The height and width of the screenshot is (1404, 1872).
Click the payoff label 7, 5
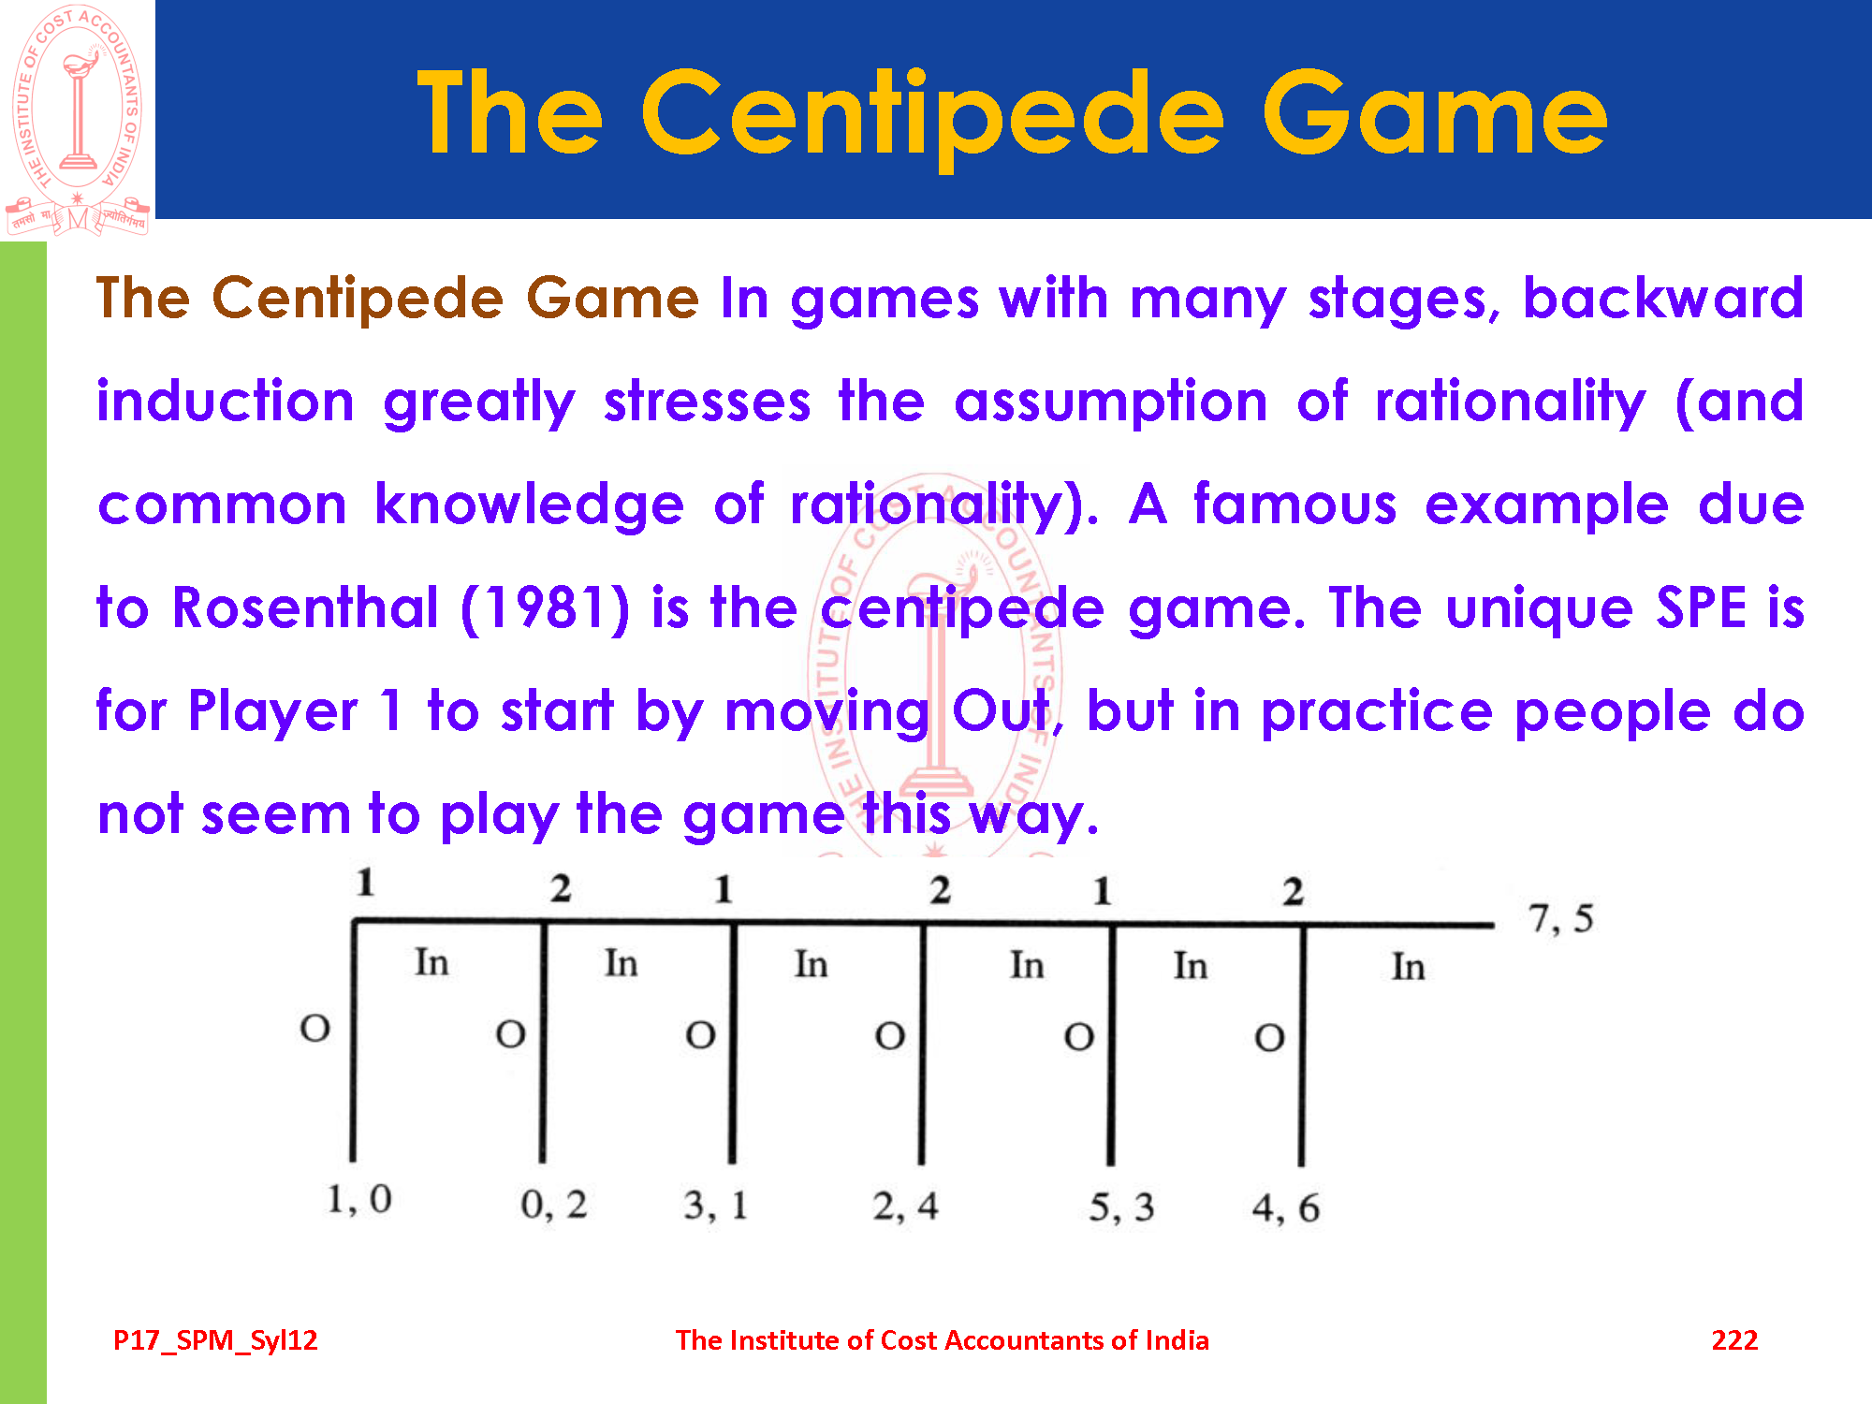pyautogui.click(x=1560, y=919)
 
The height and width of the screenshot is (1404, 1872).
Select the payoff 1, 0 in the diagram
pyautogui.click(x=358, y=1199)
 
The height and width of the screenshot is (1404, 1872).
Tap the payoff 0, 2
pyautogui.click(x=554, y=1204)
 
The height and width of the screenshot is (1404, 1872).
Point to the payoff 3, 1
pyautogui.click(x=715, y=1205)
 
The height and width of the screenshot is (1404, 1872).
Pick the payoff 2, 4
pyautogui.click(x=905, y=1206)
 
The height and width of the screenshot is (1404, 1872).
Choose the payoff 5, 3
pyautogui.click(x=1121, y=1207)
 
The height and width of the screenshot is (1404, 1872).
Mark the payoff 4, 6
pyautogui.click(x=1286, y=1207)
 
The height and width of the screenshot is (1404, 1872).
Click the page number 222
pyautogui.click(x=1734, y=1339)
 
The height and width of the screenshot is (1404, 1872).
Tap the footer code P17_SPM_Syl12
pyautogui.click(x=215, y=1340)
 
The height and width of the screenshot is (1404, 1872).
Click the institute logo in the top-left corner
pyautogui.click(x=78, y=119)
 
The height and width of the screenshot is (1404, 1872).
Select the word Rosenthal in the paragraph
pyautogui.click(x=305, y=607)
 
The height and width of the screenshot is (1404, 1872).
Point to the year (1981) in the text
pyautogui.click(x=546, y=608)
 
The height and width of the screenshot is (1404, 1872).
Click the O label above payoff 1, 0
pyautogui.click(x=314, y=1029)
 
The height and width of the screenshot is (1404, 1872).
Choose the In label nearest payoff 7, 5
pyautogui.click(x=1408, y=967)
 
